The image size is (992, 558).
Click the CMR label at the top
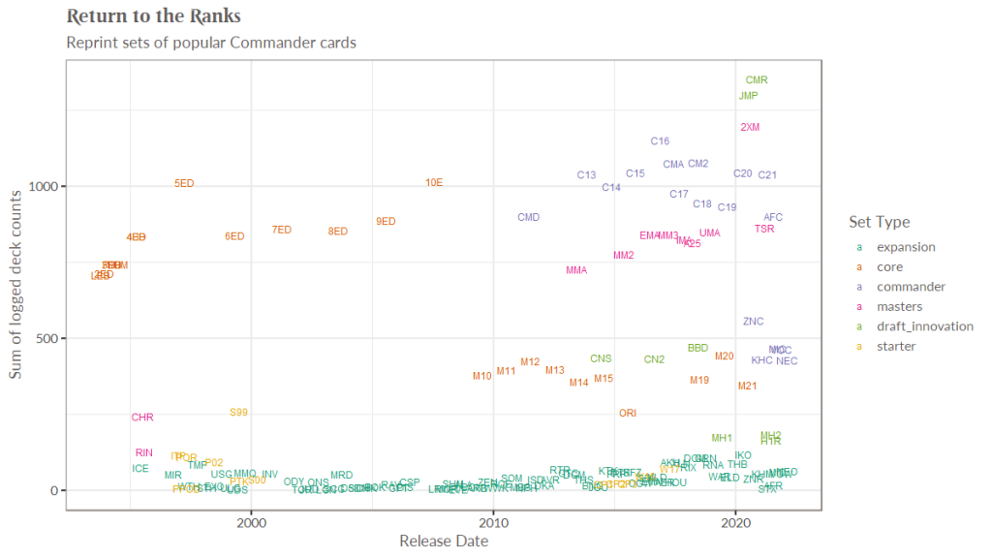point(757,80)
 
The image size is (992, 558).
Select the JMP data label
point(748,96)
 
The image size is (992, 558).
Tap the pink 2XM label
point(750,127)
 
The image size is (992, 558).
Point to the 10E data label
point(434,182)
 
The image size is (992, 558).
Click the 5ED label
point(184,183)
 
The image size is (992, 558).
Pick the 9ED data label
point(386,222)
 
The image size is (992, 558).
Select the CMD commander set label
point(528,218)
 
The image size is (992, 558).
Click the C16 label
point(660,141)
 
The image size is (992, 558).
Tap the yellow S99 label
point(239,413)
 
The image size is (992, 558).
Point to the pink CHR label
point(142,418)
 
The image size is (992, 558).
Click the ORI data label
point(628,414)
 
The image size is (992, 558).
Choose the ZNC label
point(754,322)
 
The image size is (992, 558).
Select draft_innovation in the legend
point(924,326)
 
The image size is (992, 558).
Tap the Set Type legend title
point(879,222)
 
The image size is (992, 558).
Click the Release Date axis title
point(443,542)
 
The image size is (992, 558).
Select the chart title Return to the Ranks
point(154,16)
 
